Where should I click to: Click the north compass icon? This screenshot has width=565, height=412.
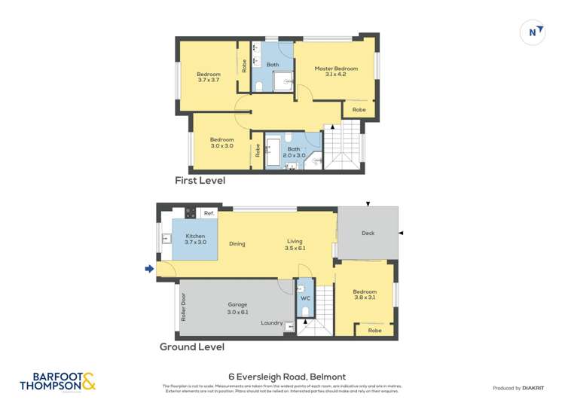(533, 32)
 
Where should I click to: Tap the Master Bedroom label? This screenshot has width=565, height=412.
(335, 72)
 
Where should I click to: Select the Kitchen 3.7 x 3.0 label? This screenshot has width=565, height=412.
(195, 239)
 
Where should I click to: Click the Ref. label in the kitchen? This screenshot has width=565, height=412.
(209, 213)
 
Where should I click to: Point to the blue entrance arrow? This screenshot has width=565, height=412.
(149, 269)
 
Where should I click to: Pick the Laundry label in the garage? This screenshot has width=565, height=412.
(271, 323)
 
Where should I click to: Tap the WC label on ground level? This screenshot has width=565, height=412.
(305, 298)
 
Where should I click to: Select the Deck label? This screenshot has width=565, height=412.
(368, 233)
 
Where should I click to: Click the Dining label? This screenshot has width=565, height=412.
(237, 244)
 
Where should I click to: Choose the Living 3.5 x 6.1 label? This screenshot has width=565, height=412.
(295, 245)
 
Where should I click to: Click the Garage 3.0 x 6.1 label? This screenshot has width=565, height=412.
(238, 308)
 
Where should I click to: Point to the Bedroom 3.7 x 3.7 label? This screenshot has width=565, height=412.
(209, 77)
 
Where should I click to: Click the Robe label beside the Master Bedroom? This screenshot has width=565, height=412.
(359, 110)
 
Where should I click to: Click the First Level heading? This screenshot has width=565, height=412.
(200, 181)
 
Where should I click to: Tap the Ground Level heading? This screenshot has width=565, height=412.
(191, 347)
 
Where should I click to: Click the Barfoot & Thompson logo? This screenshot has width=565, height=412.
(58, 382)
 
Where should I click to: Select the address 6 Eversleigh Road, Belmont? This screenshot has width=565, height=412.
(287, 377)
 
